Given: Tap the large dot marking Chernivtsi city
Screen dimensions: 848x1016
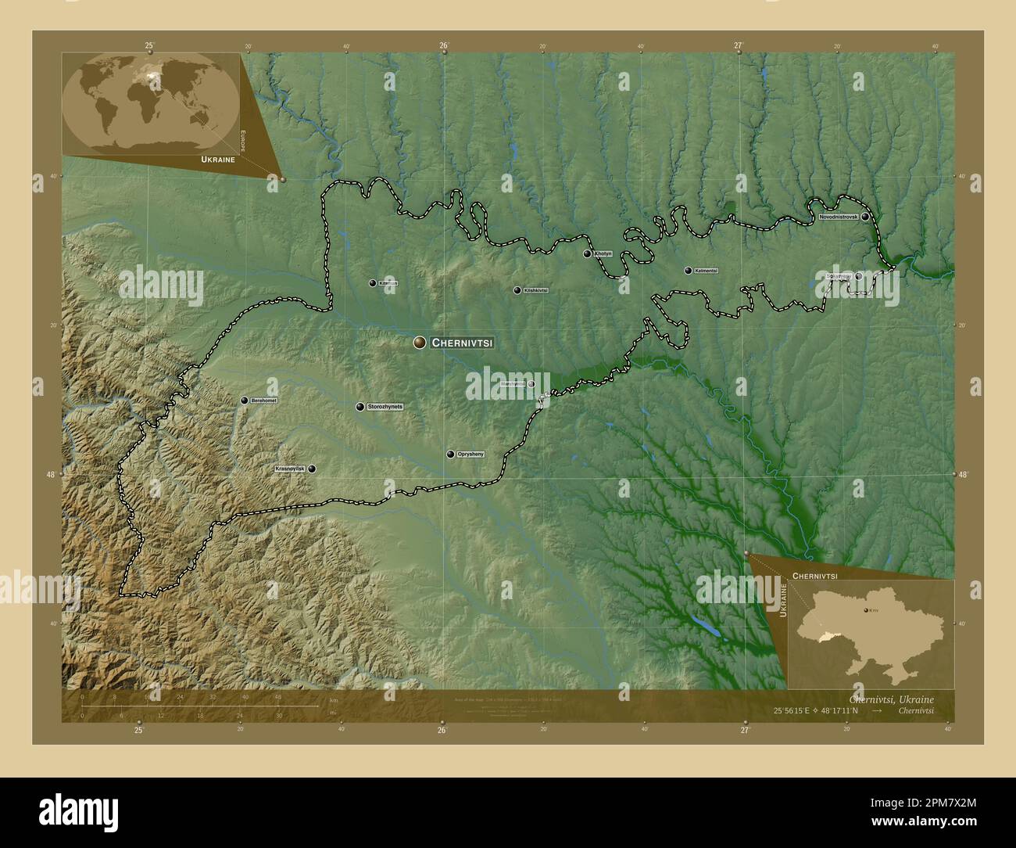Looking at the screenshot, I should (420, 342).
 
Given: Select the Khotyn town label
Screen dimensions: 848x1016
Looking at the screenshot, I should (603, 254).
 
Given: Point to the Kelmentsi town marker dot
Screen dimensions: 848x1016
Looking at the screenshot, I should (688, 271).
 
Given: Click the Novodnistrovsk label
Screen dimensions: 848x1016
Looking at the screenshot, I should (839, 216).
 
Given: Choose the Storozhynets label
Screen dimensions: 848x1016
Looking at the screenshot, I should (385, 407).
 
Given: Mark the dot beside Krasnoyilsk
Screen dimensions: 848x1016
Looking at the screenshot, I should (313, 469).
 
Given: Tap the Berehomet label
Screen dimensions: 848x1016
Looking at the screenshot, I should (264, 401).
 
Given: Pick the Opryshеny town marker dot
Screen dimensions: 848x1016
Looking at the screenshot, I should (450, 454).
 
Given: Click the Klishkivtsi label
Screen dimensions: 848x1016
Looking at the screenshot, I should (536, 290).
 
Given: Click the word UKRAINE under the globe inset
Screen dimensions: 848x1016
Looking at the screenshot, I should (218, 159).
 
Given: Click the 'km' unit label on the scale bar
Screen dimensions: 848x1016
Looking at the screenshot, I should (334, 700).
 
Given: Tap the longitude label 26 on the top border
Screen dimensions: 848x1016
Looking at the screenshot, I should (443, 45).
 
